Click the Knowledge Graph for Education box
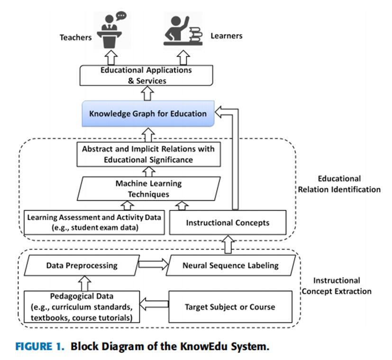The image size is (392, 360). (x=148, y=114)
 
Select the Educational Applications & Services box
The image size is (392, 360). (x=146, y=75)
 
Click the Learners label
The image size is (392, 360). (x=226, y=36)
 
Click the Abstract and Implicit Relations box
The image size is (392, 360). (x=148, y=154)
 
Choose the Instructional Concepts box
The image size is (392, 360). (x=228, y=222)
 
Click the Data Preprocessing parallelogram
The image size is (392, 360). (x=82, y=266)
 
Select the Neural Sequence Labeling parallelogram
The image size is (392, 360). (x=231, y=266)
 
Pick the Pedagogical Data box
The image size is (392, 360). (x=82, y=306)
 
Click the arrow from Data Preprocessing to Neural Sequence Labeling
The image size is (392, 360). (x=153, y=265)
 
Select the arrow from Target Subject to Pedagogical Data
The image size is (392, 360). (x=155, y=304)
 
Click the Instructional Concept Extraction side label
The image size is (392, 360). (x=337, y=286)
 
